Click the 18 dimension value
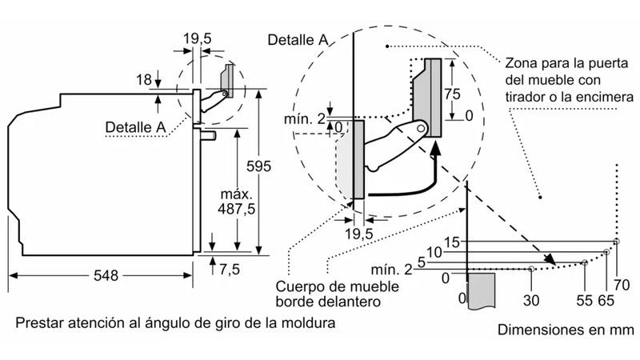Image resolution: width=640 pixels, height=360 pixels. click(144, 79)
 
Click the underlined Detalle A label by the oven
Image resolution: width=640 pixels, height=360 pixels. click(136, 126)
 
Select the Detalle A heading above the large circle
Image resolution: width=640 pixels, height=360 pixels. click(298, 39)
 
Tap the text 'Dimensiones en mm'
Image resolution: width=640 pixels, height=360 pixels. click(565, 330)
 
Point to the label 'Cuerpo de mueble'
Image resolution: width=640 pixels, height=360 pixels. click(326, 286)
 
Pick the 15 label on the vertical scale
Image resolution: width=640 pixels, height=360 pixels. click(453, 242)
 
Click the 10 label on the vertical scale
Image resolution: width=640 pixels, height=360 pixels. click(435, 253)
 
